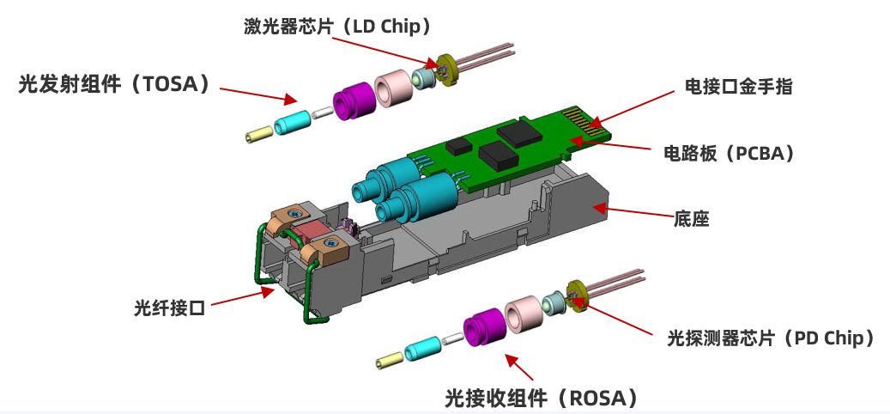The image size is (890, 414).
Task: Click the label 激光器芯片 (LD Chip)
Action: (x=338, y=26)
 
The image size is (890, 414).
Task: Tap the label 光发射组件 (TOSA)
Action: (x=114, y=85)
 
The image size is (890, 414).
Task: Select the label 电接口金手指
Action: (x=738, y=86)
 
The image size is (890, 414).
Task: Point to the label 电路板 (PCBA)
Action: (x=729, y=154)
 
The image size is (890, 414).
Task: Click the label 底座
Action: (x=692, y=219)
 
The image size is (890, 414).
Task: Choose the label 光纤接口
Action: (x=168, y=307)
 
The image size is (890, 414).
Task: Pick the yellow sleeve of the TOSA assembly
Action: (x=259, y=136)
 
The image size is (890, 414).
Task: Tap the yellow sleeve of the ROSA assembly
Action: (x=390, y=361)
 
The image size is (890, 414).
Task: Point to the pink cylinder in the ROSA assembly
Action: (x=523, y=314)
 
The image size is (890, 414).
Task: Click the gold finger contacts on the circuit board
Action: (x=586, y=122)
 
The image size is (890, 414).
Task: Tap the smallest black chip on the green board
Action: (x=458, y=147)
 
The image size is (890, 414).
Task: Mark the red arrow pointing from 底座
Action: (x=633, y=211)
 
